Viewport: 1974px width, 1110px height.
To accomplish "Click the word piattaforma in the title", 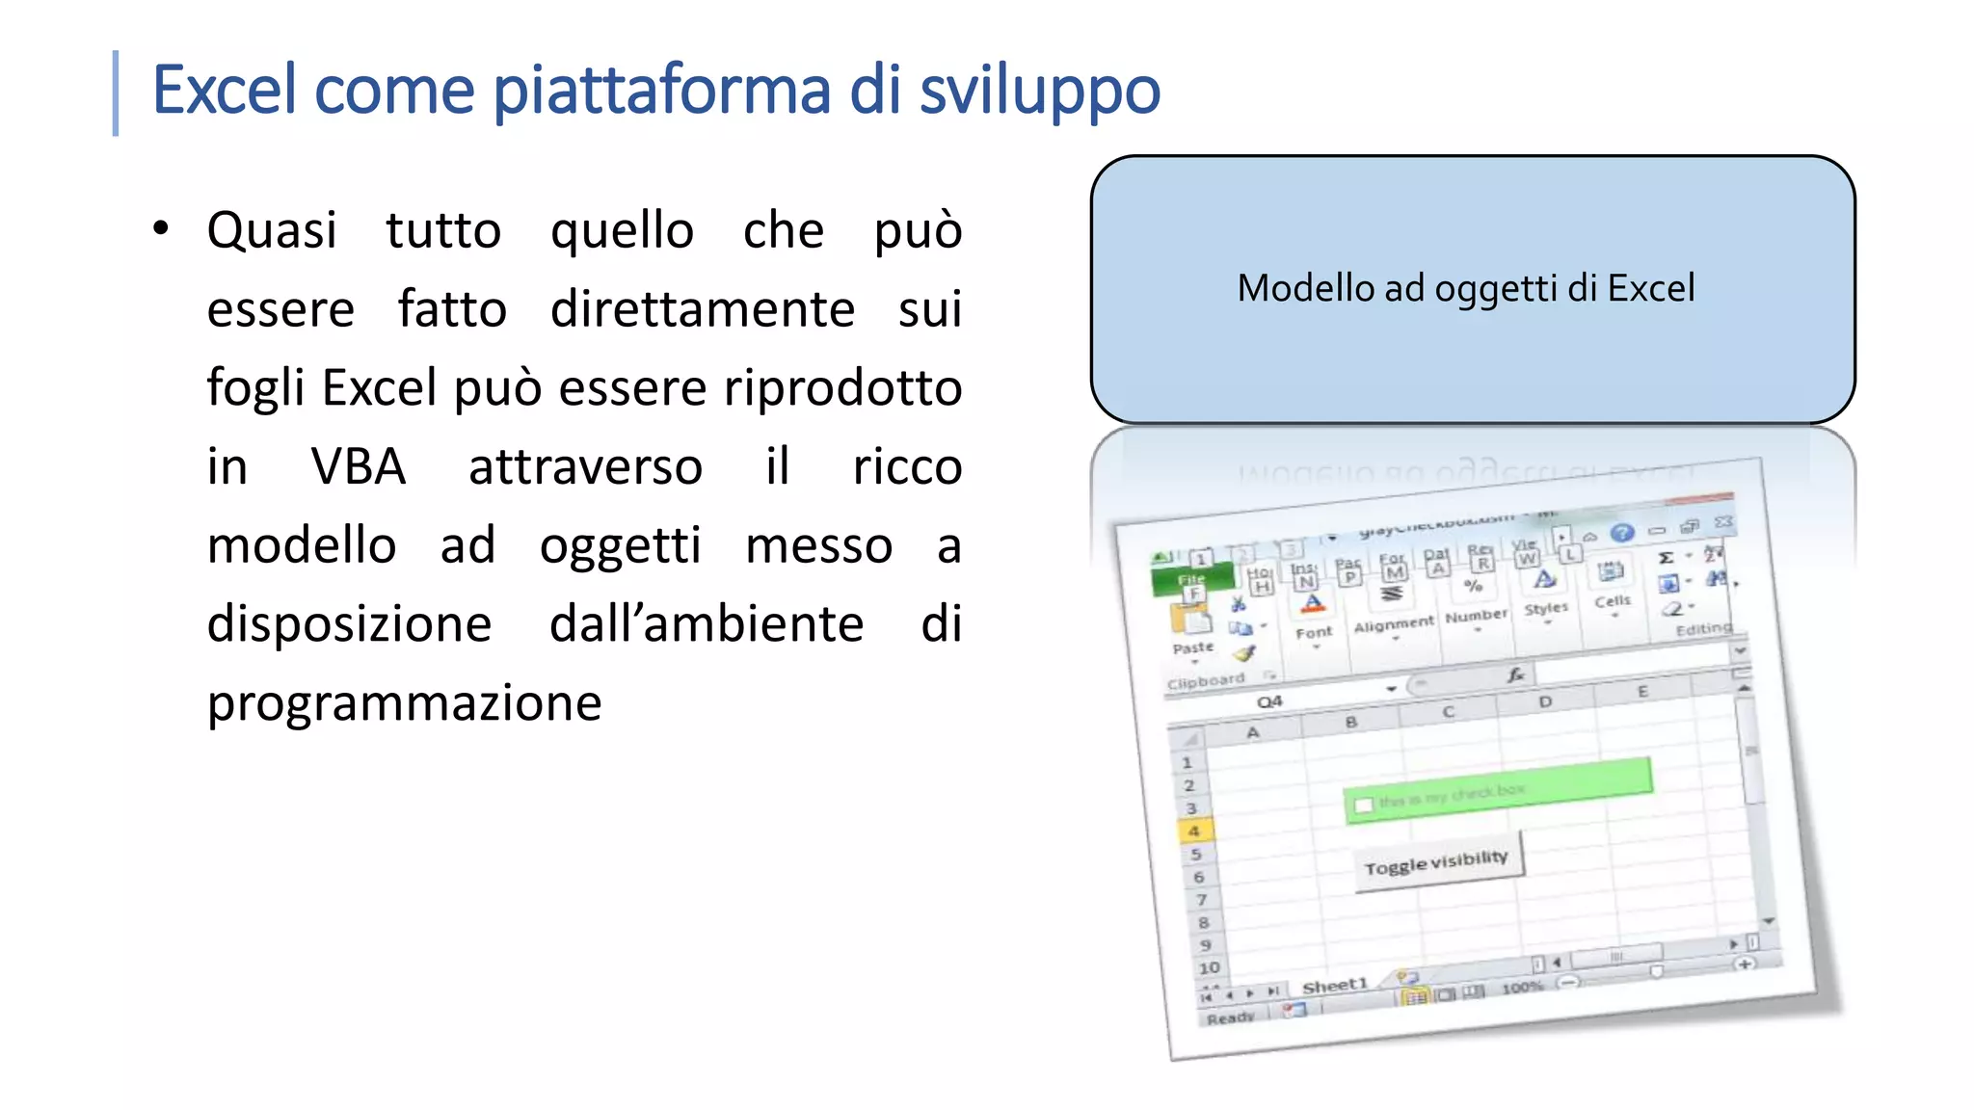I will click(x=662, y=91).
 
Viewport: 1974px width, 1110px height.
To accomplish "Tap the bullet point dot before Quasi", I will click(x=161, y=228).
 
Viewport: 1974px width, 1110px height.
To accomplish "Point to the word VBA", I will click(x=359, y=467).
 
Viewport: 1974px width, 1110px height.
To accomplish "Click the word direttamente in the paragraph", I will click(x=702, y=309).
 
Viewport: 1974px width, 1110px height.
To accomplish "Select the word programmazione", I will click(x=404, y=702).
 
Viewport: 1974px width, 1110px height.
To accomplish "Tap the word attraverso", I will click(x=585, y=467).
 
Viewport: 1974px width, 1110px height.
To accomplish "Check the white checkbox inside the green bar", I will click(x=1363, y=805).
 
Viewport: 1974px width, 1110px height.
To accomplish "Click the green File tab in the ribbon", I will click(x=1192, y=579).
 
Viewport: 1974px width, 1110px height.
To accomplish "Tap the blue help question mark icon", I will click(x=1622, y=533).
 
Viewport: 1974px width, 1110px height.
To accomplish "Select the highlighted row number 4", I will click(x=1193, y=831).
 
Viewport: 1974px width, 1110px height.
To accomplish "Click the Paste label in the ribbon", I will click(x=1192, y=648).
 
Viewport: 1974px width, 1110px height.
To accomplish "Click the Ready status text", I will click(x=1230, y=1017).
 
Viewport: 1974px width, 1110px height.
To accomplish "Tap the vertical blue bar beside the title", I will click(x=116, y=92).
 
